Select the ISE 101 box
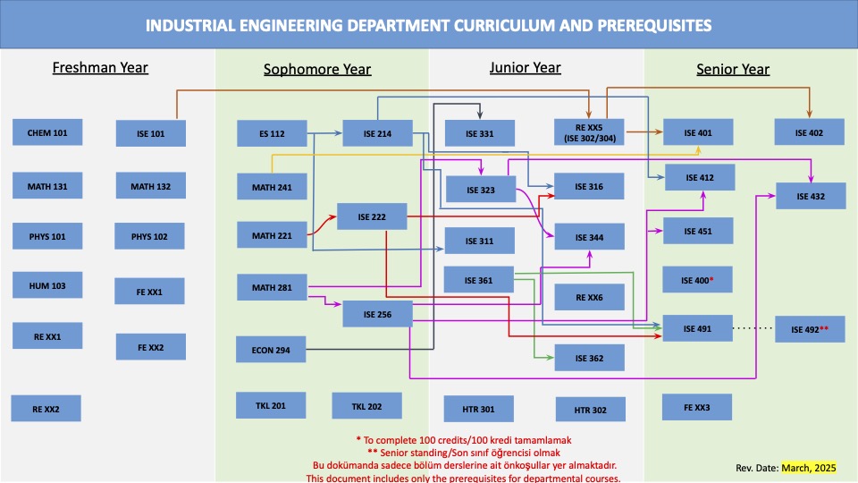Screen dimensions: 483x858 [152, 134]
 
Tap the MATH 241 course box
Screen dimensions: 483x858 [272, 187]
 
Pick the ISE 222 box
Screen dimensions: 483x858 [372, 217]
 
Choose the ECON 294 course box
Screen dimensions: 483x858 [271, 350]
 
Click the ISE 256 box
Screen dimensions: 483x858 [377, 314]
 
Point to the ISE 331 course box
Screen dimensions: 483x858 [480, 134]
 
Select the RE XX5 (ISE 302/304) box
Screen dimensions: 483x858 [589, 132]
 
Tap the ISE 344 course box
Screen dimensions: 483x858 [589, 237]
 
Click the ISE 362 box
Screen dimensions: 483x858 [589, 359]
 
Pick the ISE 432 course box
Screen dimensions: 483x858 [811, 196]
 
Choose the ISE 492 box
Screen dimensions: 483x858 [811, 330]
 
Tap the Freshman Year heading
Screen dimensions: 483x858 [100, 67]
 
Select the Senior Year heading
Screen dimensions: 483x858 [733, 69]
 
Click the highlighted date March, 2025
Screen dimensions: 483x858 [808, 468]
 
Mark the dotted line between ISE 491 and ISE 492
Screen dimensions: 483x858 [753, 329]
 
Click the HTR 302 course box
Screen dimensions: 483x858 [589, 411]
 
